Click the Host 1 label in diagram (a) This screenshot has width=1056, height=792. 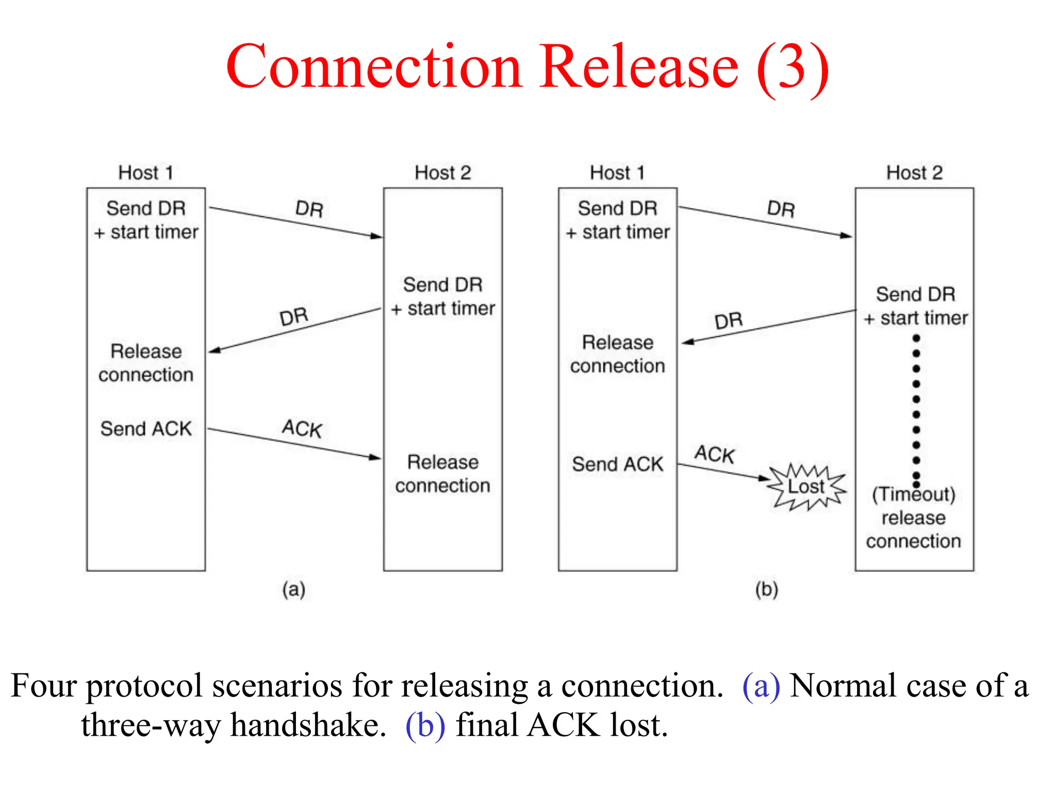145,173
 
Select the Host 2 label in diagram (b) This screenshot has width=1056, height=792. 914,173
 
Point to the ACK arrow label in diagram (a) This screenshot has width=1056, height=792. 302,428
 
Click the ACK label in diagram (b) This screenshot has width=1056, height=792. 714,454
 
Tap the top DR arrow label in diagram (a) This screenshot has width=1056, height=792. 309,209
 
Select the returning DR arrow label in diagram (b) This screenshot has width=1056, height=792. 729,321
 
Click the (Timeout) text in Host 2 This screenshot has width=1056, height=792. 913,494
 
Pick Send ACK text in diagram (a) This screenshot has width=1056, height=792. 146,428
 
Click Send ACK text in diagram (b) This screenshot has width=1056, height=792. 617,464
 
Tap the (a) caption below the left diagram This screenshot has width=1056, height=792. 293,589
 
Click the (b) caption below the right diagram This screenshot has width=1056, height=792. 766,589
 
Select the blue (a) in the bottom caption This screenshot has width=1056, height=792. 761,686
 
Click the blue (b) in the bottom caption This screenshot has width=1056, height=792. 425,725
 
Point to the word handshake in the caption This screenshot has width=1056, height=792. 308,725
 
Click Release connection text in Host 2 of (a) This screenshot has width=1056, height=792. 442,473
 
